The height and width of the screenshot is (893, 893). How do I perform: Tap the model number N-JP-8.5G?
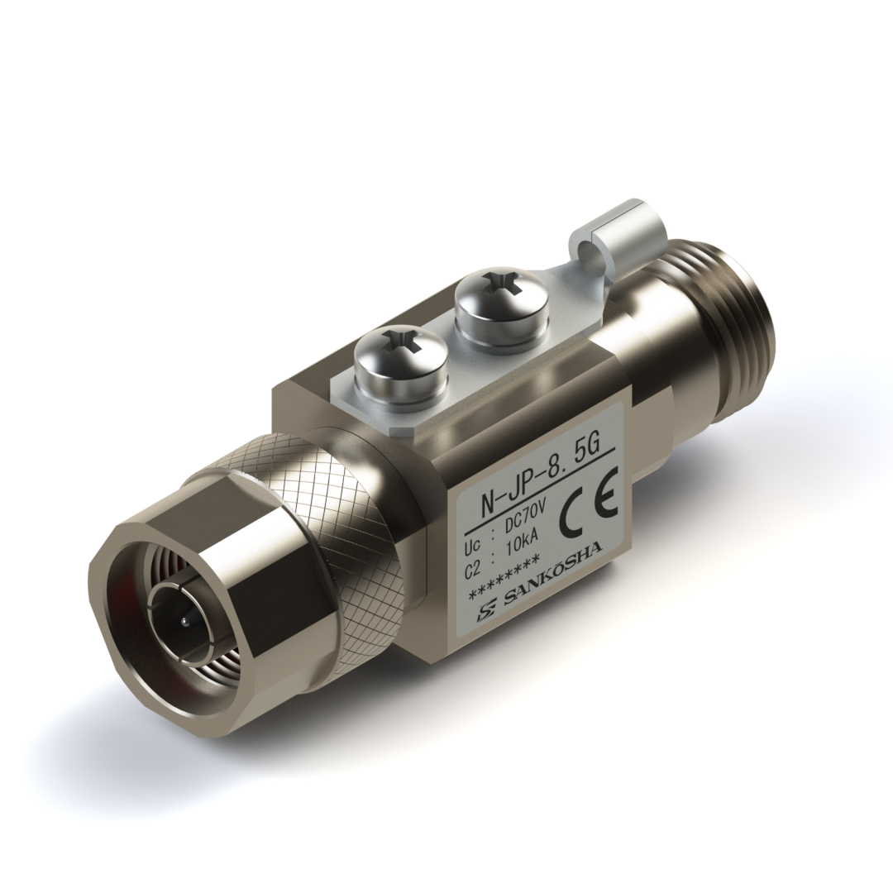click(x=539, y=464)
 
